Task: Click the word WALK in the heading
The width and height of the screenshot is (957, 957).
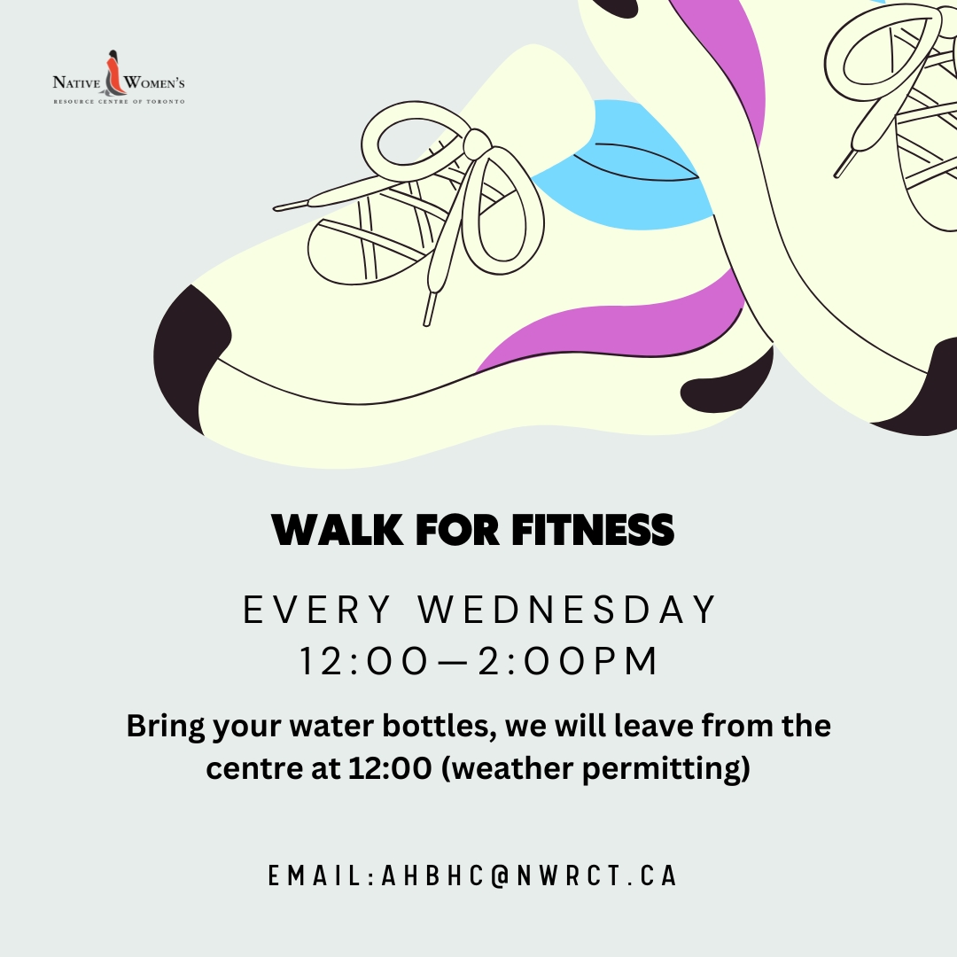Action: (x=338, y=529)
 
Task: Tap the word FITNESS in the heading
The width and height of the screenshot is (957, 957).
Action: (x=593, y=529)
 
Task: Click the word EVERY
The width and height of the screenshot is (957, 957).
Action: (x=316, y=609)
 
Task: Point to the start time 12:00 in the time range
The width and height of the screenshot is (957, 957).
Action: (x=364, y=661)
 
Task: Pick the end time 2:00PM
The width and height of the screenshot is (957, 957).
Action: (x=568, y=661)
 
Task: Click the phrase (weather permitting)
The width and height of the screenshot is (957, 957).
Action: (x=595, y=769)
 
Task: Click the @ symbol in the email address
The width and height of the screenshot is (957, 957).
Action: (x=499, y=875)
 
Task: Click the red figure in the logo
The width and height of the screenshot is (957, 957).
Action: (x=113, y=75)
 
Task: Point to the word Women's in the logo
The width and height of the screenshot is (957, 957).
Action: (x=154, y=82)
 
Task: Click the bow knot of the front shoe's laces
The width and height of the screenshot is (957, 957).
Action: (x=476, y=144)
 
